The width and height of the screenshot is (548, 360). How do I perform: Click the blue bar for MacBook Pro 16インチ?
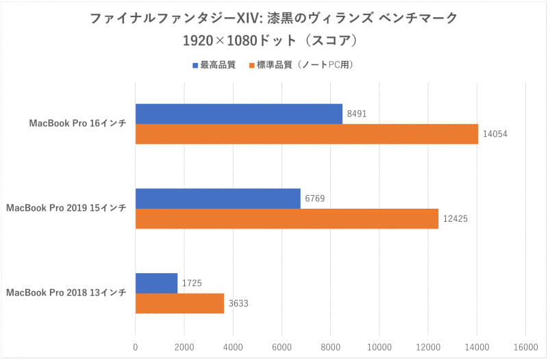(x=238, y=114)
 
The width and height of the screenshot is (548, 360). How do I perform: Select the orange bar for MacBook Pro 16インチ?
(x=306, y=134)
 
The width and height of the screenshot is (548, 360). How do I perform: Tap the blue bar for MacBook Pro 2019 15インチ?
(x=218, y=198)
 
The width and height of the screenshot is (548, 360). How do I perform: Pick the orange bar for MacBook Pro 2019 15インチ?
(x=286, y=218)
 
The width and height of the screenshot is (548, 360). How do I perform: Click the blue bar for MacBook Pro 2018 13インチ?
(x=156, y=283)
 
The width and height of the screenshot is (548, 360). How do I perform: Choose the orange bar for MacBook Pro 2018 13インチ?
(x=179, y=303)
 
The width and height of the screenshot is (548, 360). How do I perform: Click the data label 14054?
(x=497, y=135)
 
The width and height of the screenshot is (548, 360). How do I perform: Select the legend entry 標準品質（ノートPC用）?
(x=304, y=65)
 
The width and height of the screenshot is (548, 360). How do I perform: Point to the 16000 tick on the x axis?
(x=525, y=347)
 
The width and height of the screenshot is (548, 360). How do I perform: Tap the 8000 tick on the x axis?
(x=330, y=347)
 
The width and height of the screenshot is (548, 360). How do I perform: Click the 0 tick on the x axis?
(x=136, y=347)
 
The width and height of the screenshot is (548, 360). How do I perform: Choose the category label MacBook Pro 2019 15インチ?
(x=66, y=208)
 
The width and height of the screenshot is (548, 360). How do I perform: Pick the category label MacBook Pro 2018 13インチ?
(x=66, y=293)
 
